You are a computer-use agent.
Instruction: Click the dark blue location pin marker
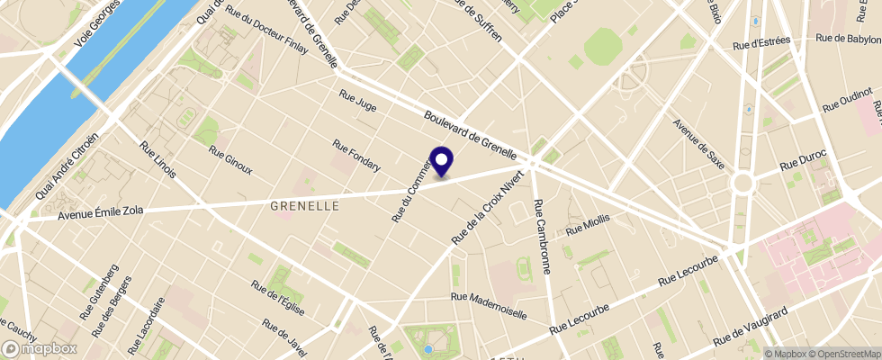click(x=442, y=161)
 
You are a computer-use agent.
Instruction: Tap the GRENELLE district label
click(x=305, y=206)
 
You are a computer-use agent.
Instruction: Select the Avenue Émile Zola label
click(x=101, y=212)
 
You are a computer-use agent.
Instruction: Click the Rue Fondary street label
click(x=356, y=155)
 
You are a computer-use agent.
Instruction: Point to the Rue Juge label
click(x=357, y=100)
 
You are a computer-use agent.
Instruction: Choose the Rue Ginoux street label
click(x=230, y=160)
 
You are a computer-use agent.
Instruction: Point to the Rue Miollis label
click(x=588, y=226)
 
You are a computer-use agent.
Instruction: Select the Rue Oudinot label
click(x=843, y=98)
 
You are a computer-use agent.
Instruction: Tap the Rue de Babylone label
click(x=848, y=39)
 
